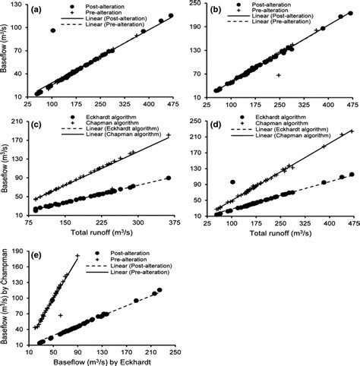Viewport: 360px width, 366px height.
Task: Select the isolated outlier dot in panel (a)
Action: click(x=52, y=30)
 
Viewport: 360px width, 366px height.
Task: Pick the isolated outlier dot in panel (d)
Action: click(x=232, y=182)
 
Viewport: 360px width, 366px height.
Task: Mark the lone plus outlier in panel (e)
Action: click(x=60, y=314)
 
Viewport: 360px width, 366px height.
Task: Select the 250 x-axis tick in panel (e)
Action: click(x=175, y=353)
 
